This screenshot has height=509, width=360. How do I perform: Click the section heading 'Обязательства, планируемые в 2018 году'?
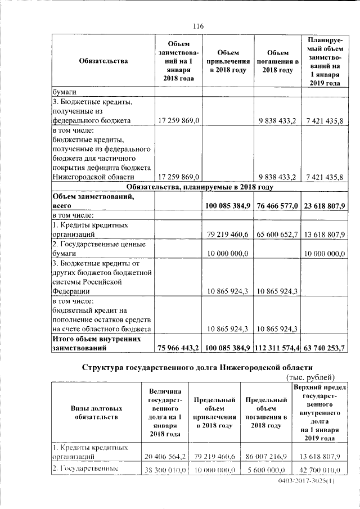click(200, 187)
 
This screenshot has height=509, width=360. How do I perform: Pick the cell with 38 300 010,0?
click(164, 469)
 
